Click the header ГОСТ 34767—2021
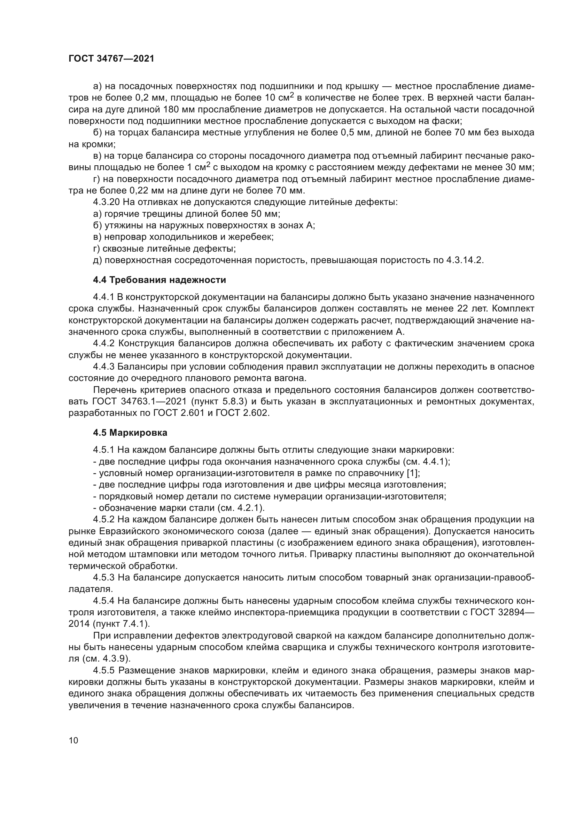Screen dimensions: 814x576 tap(111, 59)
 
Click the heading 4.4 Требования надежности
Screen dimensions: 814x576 tap(159, 280)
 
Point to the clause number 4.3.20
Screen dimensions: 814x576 tap(105, 203)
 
